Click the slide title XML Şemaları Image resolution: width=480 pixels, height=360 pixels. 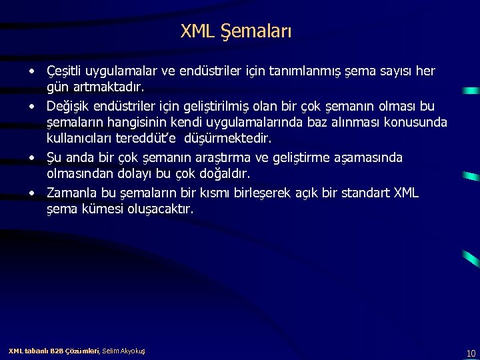coord(235,31)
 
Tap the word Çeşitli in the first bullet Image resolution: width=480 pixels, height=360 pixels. coord(64,71)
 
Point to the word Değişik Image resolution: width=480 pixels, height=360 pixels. coord(69,105)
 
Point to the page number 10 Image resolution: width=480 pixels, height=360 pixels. coord(471,353)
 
